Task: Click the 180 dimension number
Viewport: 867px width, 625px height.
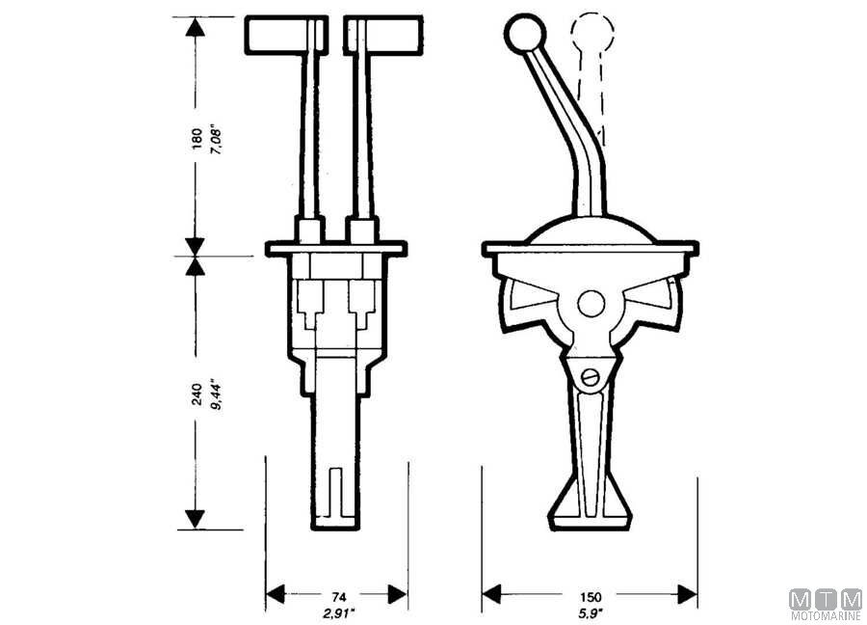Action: [197, 139]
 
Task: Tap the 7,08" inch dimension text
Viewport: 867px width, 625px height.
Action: [216, 141]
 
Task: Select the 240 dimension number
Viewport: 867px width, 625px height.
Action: [197, 394]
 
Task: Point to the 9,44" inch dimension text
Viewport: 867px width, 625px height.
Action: [216, 394]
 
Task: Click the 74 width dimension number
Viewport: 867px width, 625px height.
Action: [339, 597]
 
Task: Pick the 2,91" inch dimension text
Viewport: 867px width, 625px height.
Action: [339, 612]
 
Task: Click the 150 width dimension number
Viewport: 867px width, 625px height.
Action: [591, 597]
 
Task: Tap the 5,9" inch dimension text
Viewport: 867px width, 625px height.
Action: [591, 612]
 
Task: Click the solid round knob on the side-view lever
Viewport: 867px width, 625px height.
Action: [525, 34]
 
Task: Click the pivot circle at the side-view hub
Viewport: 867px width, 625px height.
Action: [591, 304]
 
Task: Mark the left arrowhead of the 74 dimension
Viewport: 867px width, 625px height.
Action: [276, 594]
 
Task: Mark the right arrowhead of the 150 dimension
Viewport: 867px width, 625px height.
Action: [687, 594]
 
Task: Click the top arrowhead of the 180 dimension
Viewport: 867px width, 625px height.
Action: [195, 26]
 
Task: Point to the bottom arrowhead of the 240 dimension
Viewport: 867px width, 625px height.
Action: [195, 520]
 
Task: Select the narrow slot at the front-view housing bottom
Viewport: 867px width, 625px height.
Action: [335, 493]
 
